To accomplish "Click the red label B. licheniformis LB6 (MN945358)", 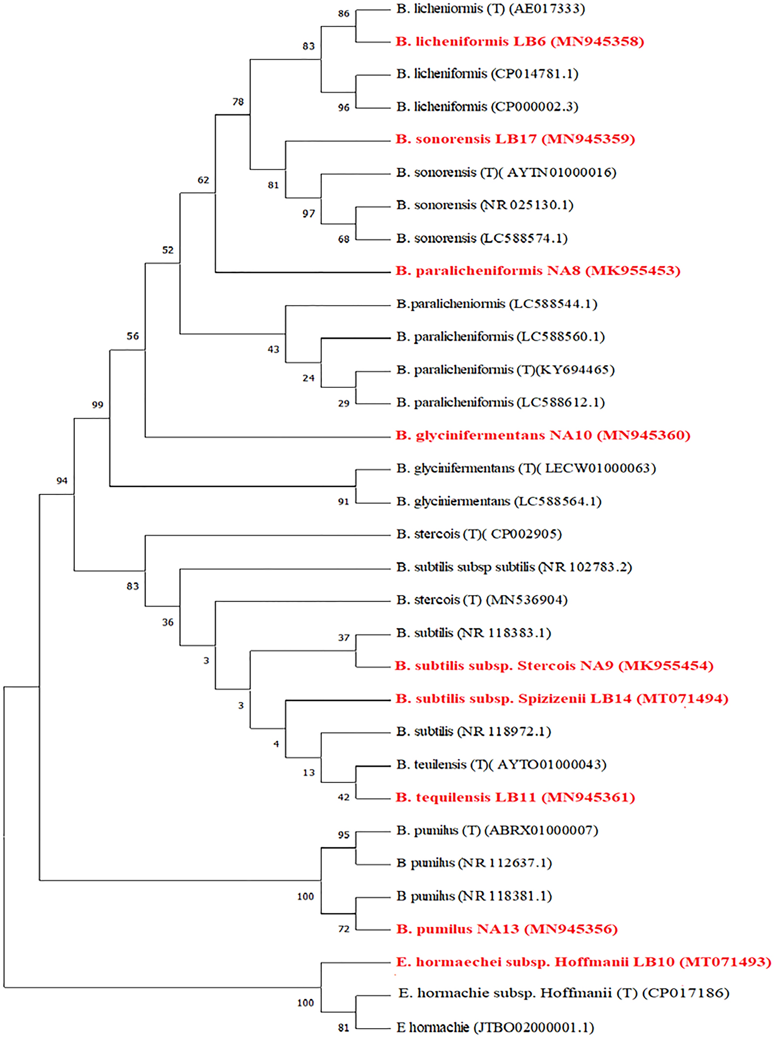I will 520,42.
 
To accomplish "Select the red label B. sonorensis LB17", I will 515,139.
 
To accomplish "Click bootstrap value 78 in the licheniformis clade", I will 238,102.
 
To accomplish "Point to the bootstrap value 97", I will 308,214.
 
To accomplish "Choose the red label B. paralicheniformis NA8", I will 538,271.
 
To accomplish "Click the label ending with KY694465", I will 505,370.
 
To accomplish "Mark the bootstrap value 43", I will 273,350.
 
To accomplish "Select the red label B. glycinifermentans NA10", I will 542,435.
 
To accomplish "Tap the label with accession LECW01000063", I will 526,469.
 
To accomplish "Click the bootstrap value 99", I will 98,405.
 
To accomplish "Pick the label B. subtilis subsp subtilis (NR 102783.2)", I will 514,567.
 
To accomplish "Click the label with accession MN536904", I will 482,600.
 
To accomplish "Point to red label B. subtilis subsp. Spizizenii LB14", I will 562,699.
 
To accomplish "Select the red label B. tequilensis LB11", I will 515,797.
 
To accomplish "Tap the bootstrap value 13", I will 308,773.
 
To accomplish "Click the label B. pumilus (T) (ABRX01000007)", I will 497,830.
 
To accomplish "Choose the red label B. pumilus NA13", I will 506,929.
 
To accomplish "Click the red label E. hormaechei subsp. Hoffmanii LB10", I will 583,962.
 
